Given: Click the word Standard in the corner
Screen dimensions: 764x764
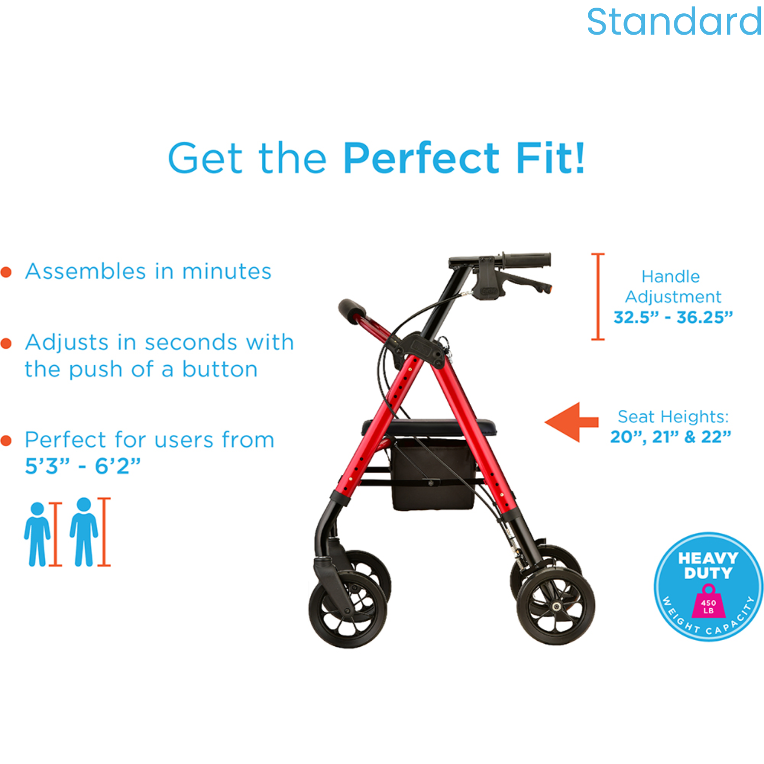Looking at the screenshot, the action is pyautogui.click(x=674, y=22).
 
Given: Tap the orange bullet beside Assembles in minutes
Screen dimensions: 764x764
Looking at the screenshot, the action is pyautogui.click(x=6, y=272).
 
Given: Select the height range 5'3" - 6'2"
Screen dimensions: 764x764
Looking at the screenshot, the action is pyautogui.click(x=83, y=466).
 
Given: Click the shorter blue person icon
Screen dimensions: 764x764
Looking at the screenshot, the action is pyautogui.click(x=37, y=534).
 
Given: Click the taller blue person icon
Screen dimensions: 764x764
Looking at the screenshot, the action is pyautogui.click(x=84, y=532).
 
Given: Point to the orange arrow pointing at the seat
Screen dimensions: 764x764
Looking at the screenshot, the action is pyautogui.click(x=571, y=422).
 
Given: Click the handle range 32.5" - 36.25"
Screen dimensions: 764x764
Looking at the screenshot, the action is pyautogui.click(x=673, y=317).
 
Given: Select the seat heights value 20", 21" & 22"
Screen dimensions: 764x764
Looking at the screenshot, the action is pyautogui.click(x=671, y=437).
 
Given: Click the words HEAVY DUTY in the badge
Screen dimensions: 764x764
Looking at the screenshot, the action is pyautogui.click(x=708, y=565).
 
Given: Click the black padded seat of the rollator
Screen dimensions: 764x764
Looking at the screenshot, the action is pyautogui.click(x=429, y=427).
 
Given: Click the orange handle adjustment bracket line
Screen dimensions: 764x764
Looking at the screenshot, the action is pyautogui.click(x=598, y=296).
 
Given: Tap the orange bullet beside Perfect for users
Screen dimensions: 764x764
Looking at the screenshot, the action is pyautogui.click(x=6, y=441).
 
